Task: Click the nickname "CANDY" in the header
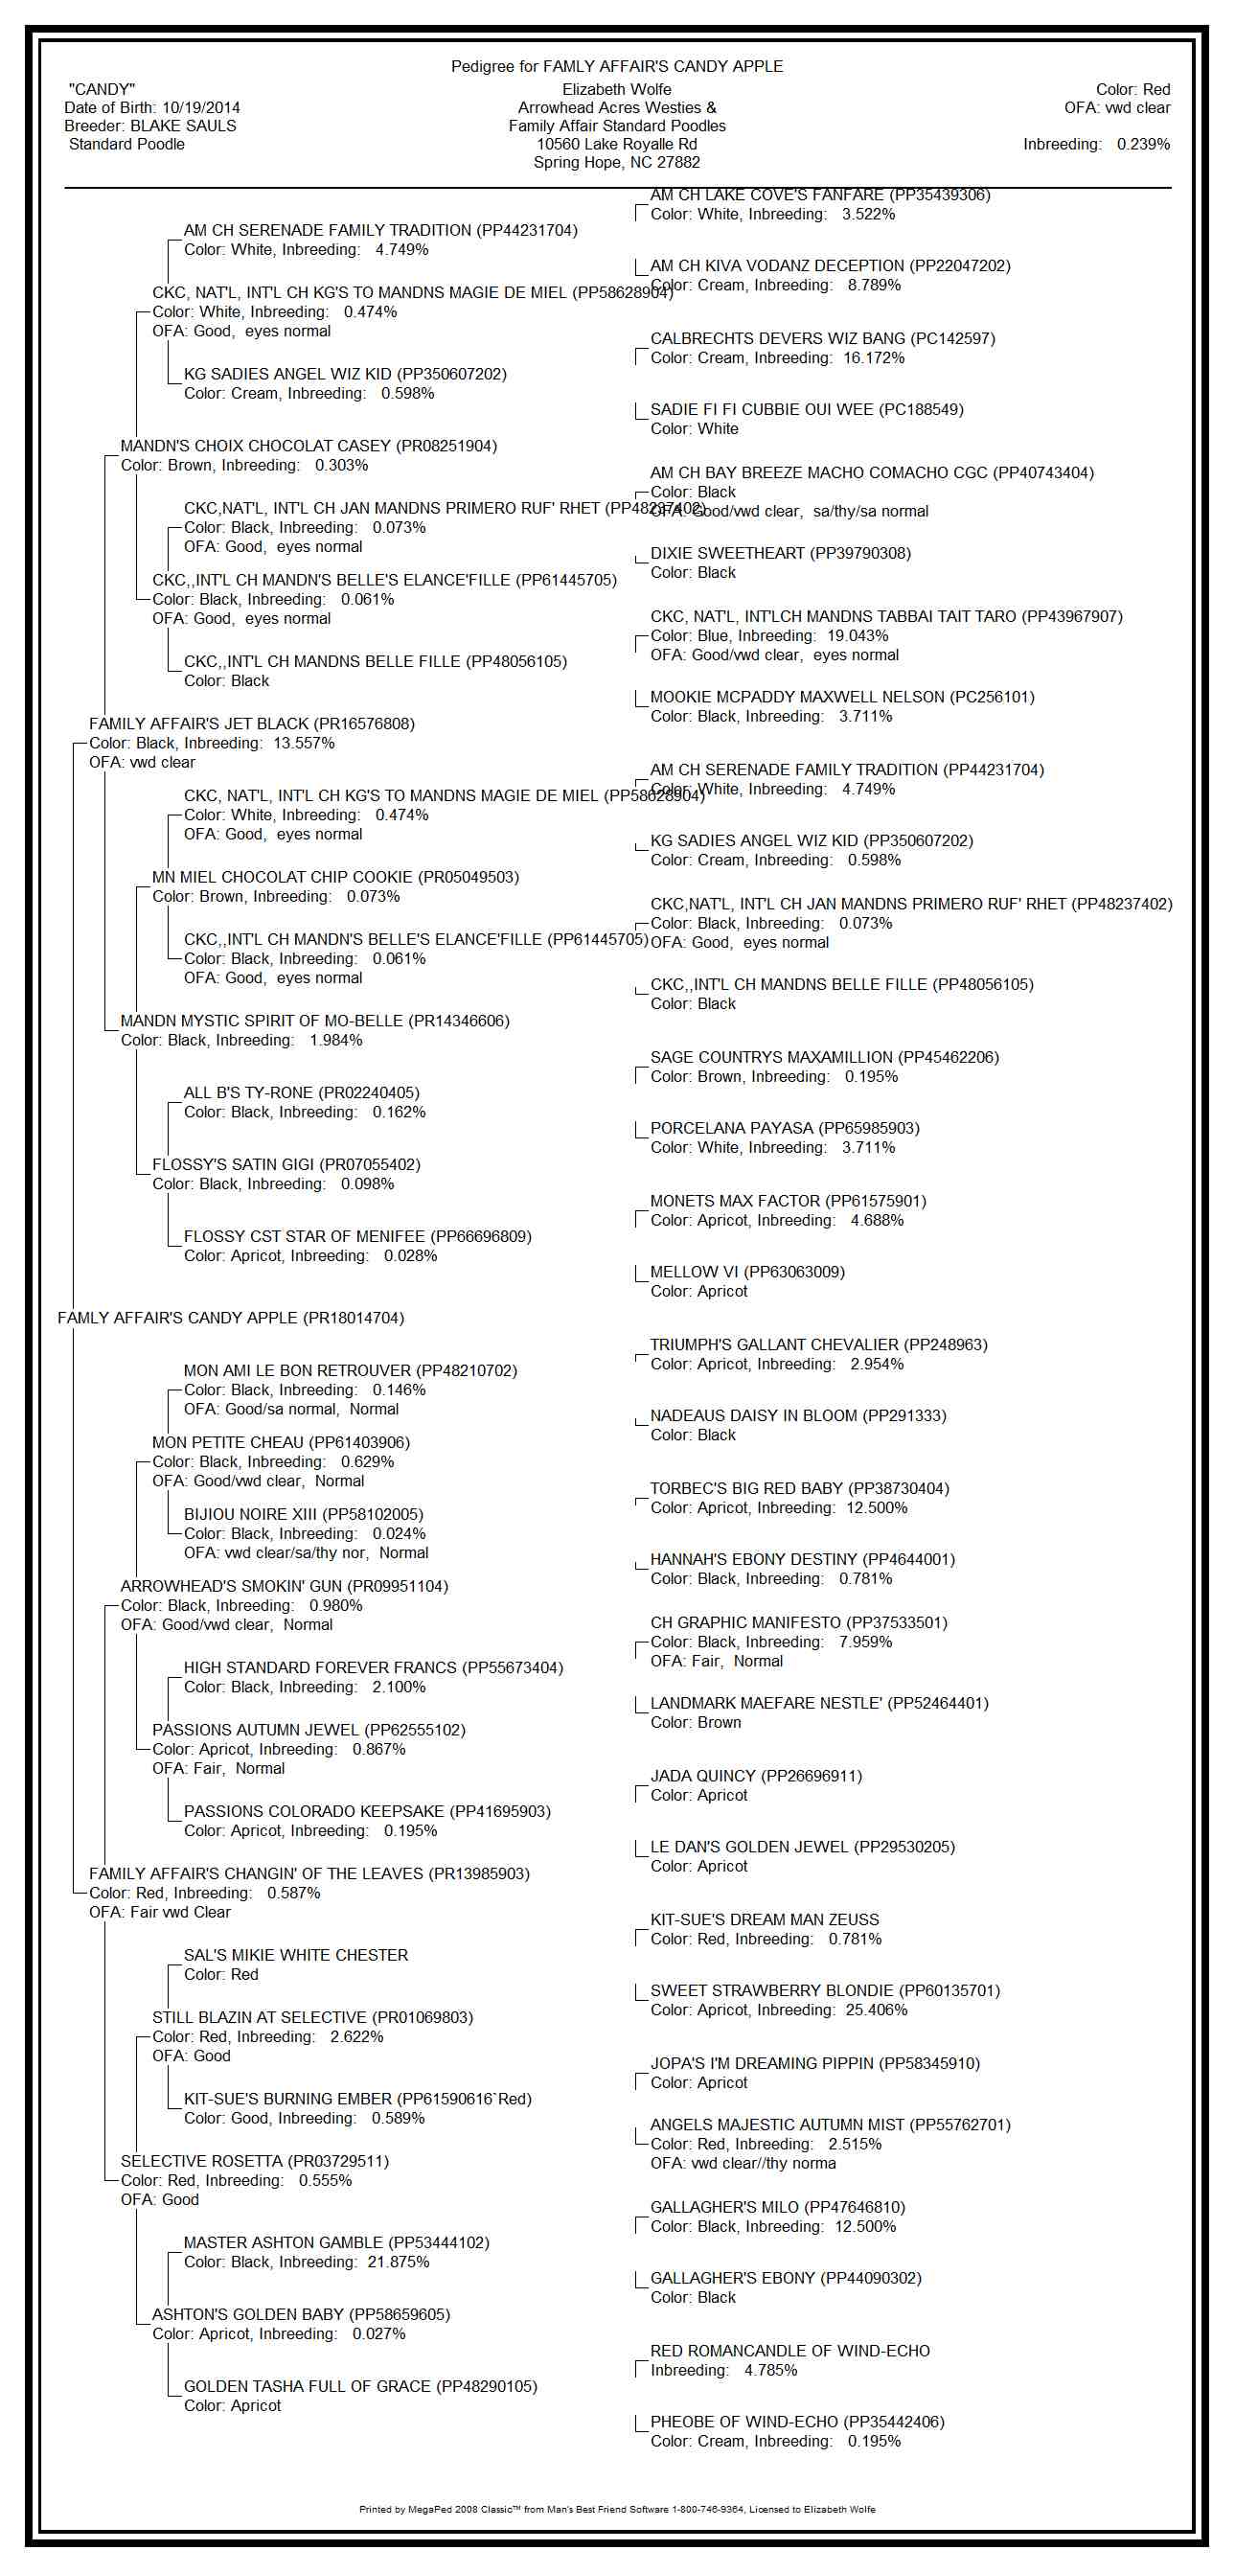(x=102, y=90)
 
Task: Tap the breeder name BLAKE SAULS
(x=184, y=126)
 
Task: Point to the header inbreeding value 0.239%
(x=1143, y=145)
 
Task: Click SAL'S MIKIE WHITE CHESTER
(x=295, y=1956)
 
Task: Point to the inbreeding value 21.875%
(x=399, y=2263)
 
